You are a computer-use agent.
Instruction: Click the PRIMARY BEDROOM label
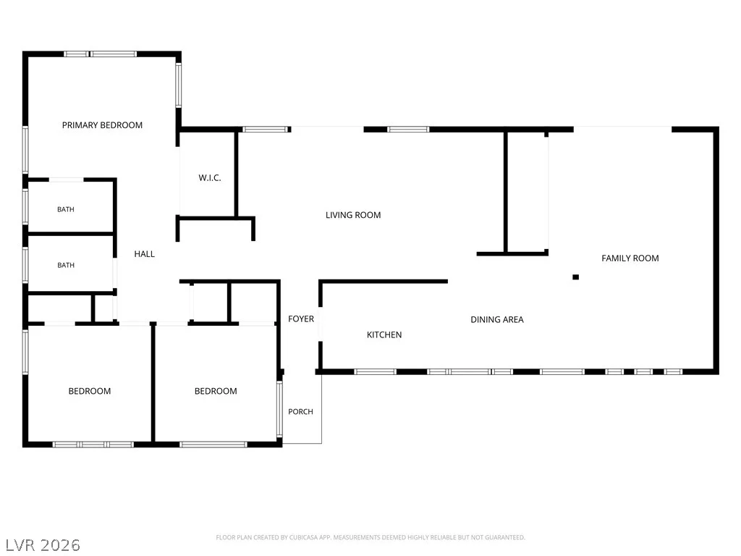102,125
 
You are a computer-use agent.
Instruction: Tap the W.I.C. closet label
210,178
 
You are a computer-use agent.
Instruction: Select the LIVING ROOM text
353,215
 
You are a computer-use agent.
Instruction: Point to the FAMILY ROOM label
630,258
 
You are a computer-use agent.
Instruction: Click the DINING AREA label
497,319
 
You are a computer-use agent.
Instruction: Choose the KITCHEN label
384,334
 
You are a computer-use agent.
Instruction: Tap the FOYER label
301,319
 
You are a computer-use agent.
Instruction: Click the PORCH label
300,412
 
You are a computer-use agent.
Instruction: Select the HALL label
145,254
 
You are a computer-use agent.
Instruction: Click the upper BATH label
66,209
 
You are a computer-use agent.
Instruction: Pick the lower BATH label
66,265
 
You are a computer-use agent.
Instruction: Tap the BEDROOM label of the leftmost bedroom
90,391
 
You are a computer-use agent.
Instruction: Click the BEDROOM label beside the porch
216,391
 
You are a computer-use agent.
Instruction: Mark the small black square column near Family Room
575,277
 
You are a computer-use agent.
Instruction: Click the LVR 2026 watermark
43,545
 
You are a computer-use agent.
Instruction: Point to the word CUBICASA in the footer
303,538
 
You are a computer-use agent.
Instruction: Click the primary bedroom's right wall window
179,85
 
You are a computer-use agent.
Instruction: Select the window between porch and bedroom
279,409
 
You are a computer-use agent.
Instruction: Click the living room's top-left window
266,129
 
